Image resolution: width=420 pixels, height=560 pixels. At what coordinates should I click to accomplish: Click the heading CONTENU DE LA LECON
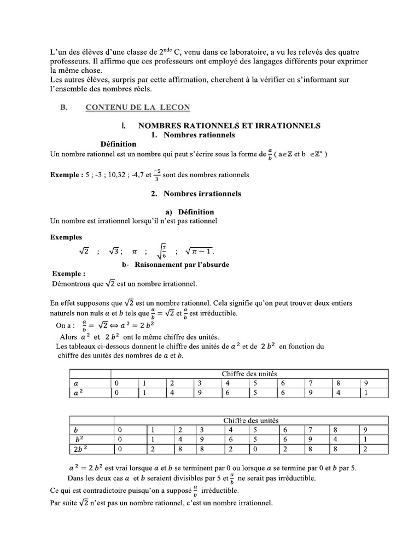pyautogui.click(x=137, y=108)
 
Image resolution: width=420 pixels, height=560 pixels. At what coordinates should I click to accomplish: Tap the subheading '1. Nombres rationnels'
pyautogui.click(x=192, y=135)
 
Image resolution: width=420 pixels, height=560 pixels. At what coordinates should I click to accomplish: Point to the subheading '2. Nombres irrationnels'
pyautogui.click(x=195, y=194)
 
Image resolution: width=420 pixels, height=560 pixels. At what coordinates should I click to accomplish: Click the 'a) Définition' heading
pyautogui.click(x=189, y=212)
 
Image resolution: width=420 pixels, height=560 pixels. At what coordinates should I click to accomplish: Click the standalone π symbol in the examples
pyautogui.click(x=133, y=252)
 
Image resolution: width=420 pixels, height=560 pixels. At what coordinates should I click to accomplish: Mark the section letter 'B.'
pyautogui.click(x=63, y=108)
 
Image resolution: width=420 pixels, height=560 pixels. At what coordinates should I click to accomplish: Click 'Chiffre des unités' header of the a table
pyautogui.click(x=250, y=374)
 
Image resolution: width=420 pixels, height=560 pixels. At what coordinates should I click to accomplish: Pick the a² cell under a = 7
pyautogui.click(x=311, y=392)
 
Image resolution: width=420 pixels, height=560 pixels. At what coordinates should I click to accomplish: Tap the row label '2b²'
pyautogui.click(x=80, y=449)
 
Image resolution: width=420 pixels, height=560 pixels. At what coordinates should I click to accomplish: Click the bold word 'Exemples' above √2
pyautogui.click(x=66, y=238)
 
